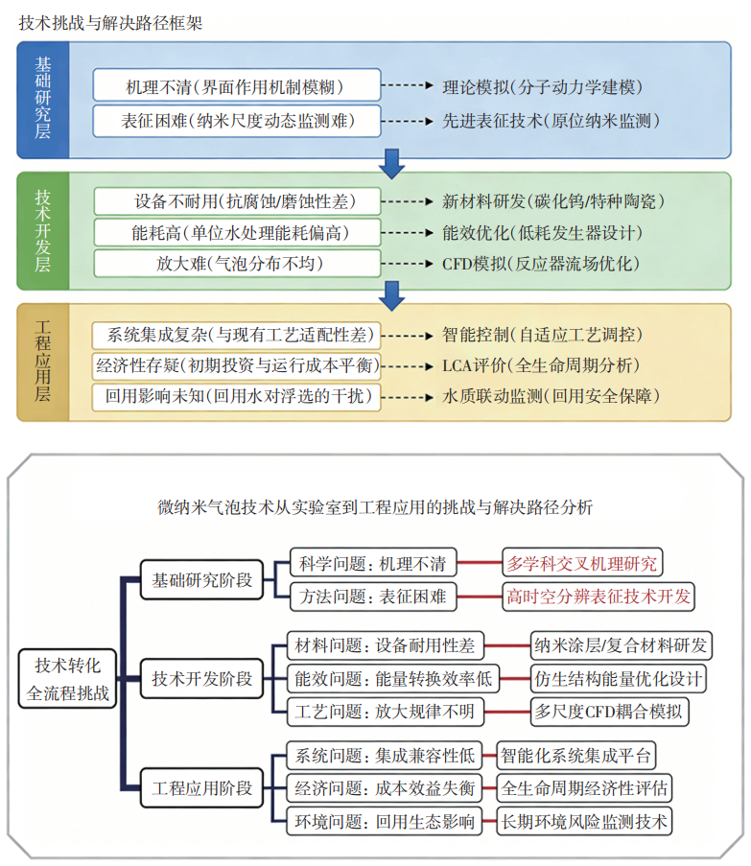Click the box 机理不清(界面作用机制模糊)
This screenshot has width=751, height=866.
pyautogui.click(x=235, y=85)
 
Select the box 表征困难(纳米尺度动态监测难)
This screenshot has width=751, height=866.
pyautogui.click(x=237, y=121)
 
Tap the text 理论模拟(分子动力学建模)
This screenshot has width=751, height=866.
pyautogui.click(x=542, y=86)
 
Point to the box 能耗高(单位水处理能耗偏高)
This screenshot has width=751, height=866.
pyautogui.click(x=235, y=233)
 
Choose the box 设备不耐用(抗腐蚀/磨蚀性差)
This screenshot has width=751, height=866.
pyautogui.click(x=235, y=202)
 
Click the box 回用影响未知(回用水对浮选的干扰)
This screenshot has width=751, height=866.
pyautogui.click(x=235, y=395)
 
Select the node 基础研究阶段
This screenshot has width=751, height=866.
pyautogui.click(x=202, y=580)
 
